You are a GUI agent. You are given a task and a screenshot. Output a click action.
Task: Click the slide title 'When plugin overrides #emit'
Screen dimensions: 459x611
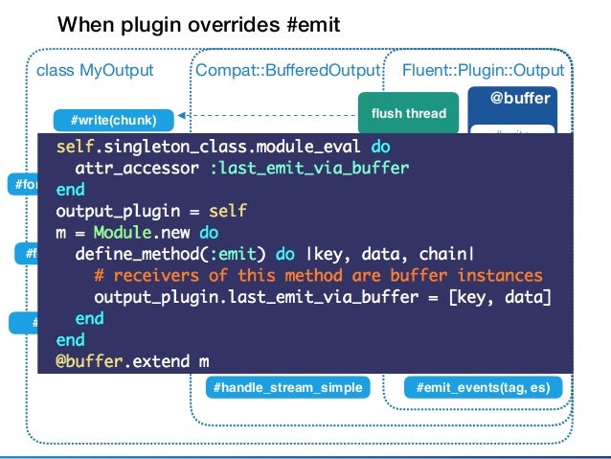198,23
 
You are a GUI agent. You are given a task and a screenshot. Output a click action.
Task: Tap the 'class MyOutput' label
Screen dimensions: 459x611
94,70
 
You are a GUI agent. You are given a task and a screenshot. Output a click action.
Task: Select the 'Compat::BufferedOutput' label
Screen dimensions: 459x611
287,70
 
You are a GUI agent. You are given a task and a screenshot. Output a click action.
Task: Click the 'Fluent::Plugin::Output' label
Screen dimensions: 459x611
483,70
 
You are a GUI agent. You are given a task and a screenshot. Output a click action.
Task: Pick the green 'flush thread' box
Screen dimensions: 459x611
408,113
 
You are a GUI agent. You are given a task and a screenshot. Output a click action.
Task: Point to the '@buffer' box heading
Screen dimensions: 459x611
520,99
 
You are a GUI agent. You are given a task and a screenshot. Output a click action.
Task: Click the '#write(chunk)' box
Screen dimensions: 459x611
114,120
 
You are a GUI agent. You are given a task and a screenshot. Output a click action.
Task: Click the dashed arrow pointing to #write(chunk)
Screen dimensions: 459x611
268,115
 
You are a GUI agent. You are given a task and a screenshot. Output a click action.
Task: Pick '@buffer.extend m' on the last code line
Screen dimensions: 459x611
133,361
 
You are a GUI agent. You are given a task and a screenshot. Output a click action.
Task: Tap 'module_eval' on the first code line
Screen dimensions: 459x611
313,148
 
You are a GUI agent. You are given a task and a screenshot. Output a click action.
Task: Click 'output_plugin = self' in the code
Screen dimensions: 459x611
151,211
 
